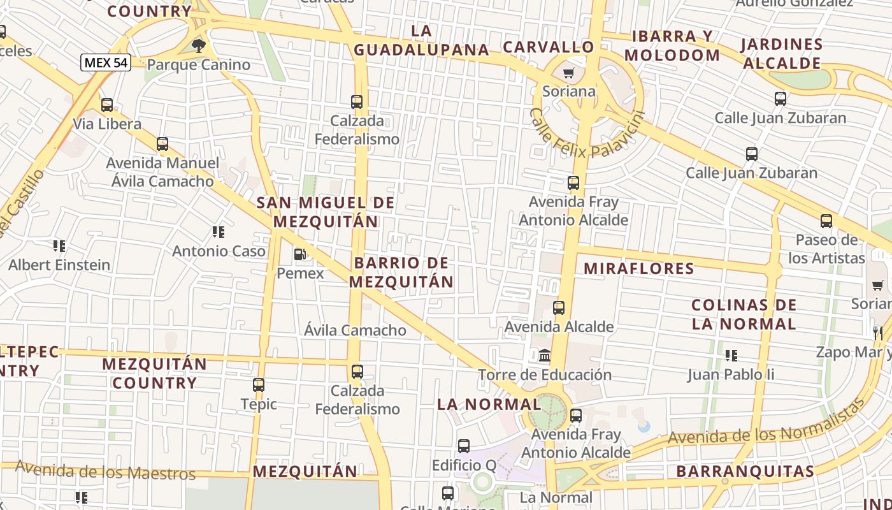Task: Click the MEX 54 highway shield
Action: coord(106,62)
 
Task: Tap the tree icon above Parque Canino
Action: coord(199,45)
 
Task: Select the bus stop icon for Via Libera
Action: coord(106,105)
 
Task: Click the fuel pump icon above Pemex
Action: coord(299,254)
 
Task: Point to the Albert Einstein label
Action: coord(59,265)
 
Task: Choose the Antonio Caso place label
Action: coord(219,251)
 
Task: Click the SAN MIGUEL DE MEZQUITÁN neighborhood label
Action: coord(326,212)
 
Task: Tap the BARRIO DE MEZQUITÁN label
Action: coord(401,272)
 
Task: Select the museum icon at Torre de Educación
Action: coord(545,355)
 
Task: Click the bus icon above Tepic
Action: coord(258,384)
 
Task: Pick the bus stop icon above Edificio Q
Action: coord(464,446)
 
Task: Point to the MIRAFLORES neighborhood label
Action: coord(639,268)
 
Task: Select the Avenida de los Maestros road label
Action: coord(105,470)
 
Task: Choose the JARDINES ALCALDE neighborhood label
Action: coord(782,54)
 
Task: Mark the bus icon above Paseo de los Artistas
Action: coord(826,221)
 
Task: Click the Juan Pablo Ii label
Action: coord(731,374)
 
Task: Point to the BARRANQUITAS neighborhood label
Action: coord(745,471)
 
